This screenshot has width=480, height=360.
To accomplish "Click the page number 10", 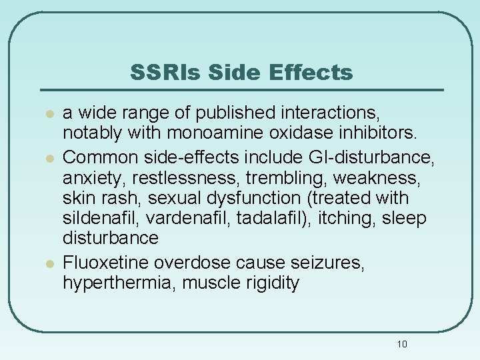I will point(401,344).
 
